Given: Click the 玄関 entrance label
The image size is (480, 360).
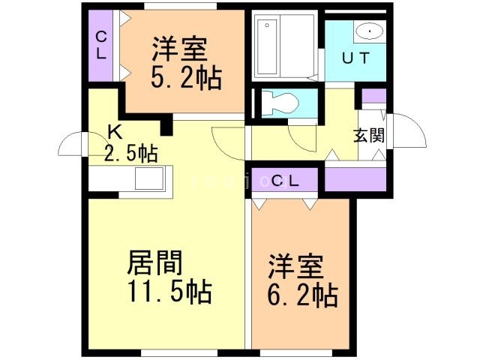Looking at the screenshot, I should tap(369, 136).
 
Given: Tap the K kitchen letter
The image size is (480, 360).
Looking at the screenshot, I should tap(114, 132).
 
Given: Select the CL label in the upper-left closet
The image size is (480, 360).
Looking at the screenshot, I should tap(100, 45).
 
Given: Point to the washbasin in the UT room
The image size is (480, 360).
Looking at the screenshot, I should tap(367, 31).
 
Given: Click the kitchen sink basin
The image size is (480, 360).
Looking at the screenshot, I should tap(148, 180).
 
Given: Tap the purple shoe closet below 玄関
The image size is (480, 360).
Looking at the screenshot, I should tap(355, 180).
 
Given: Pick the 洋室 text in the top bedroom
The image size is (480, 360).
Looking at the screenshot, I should tap(178, 49).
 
